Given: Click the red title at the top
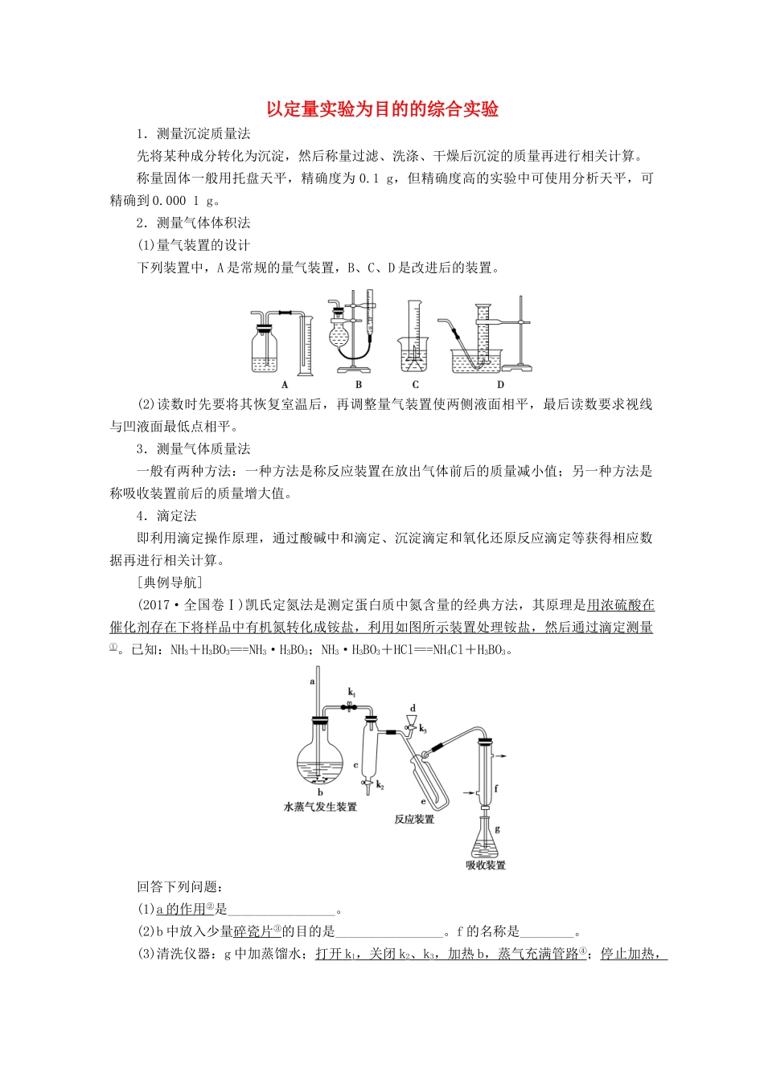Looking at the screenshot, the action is coord(382,109).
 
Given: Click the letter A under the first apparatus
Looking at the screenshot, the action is coord(285,385).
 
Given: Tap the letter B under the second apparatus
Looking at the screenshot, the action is coord(359,385).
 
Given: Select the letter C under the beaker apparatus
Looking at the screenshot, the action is coord(415,385).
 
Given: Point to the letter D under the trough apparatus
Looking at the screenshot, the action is coord(500,385).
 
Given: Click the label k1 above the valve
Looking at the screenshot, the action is coord(351,692).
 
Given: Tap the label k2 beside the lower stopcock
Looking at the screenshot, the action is coord(380,785).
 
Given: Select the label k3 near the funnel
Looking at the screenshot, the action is coord(423,729).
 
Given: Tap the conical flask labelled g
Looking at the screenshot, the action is coord(485,840).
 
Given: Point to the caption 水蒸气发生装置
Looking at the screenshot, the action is coord(320,807).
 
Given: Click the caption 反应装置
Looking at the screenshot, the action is coord(414,820).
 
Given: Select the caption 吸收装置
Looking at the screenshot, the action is coord(486,865).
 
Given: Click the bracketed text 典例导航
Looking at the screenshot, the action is coord(170,583).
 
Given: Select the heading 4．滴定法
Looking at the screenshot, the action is coord(166,516).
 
